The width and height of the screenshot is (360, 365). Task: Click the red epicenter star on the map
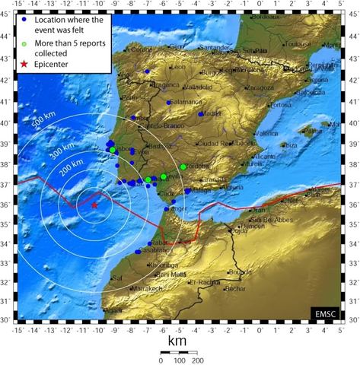[94, 205]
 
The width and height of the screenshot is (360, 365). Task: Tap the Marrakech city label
[142, 289]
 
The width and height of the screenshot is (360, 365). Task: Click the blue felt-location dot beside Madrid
[200, 114]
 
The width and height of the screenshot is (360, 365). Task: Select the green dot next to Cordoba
[183, 167]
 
